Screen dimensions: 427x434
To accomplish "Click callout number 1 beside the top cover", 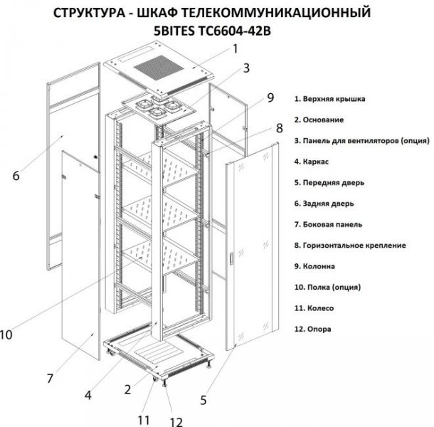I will [234, 49].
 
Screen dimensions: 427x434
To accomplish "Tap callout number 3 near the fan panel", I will [246, 69].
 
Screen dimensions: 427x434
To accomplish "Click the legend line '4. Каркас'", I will [315, 162].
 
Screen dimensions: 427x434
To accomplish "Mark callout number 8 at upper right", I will [279, 128].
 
